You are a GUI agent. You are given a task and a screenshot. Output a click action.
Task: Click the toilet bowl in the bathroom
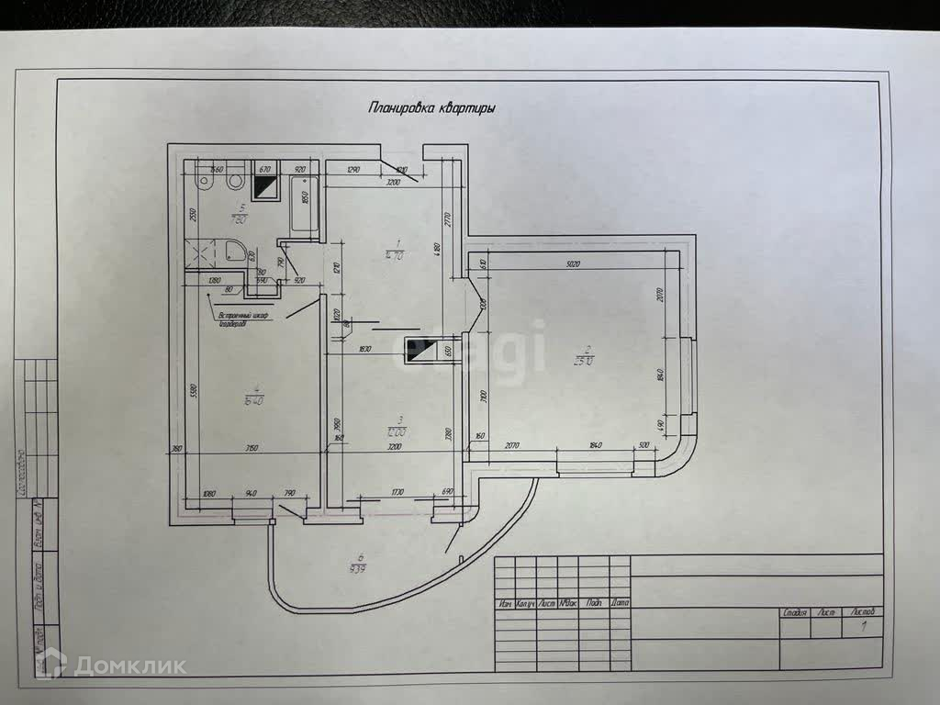coord(208,182)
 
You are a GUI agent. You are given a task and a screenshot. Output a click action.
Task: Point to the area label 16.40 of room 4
coord(254,400)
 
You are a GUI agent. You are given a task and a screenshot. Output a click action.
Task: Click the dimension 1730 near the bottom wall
coord(398,493)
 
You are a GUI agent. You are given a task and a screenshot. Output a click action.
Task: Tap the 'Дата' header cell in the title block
coord(620,604)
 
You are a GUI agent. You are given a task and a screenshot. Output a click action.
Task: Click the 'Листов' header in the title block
coord(863,610)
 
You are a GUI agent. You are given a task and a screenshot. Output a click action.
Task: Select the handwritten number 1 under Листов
coord(863,628)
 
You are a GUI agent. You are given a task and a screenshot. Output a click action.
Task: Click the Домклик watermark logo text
coord(129,666)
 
